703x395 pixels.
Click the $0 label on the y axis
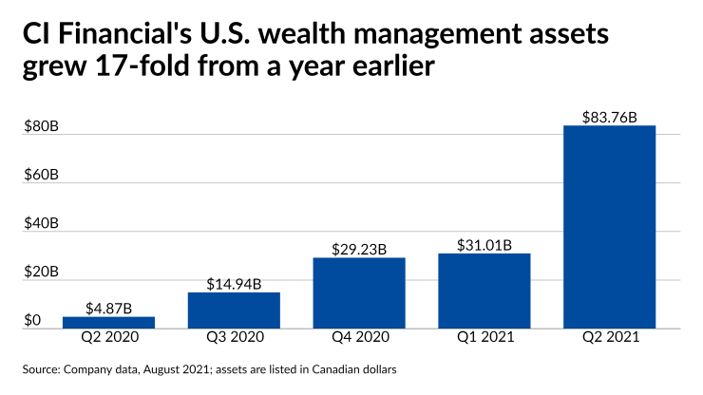[x=33, y=321]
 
